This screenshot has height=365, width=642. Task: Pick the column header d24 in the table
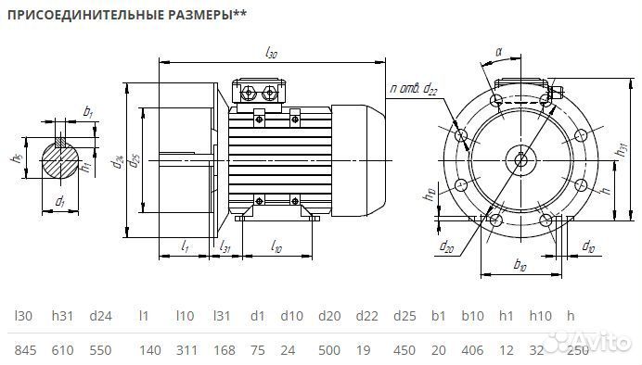pos(100,316)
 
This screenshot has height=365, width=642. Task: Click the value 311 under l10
pos(186,349)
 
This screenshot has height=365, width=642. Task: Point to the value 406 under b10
pos(474,349)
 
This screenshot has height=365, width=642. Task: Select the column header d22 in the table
pos(366,316)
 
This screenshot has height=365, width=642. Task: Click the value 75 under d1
pos(257,349)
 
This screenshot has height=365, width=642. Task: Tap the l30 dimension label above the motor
pos(271,53)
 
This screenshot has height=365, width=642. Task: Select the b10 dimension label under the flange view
pos(520,266)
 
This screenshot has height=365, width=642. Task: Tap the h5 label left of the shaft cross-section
pos(16,158)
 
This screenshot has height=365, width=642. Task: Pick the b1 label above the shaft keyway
pos(88,111)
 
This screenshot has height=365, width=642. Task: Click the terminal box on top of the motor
pos(261,92)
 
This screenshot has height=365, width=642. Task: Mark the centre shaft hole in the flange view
pos(520,158)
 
